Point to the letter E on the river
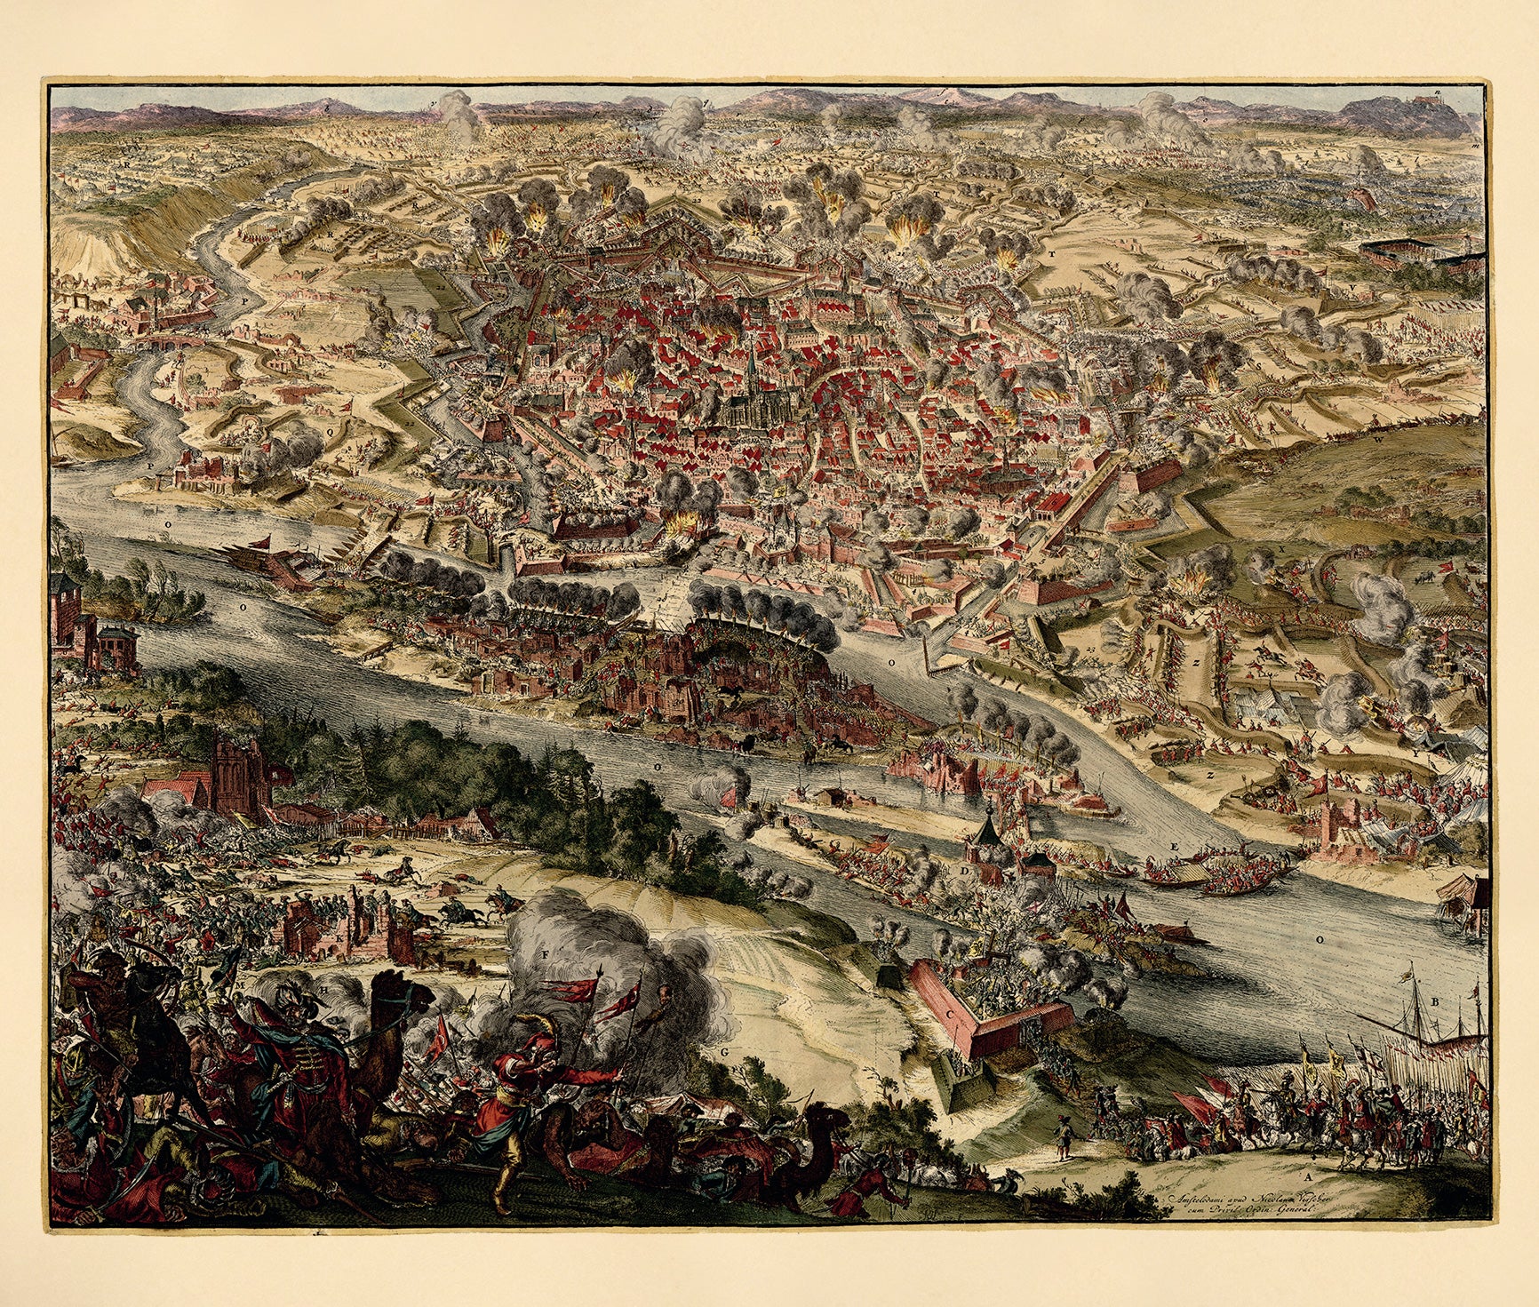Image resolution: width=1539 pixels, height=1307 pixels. coord(1175,848)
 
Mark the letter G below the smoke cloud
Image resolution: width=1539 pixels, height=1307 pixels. coord(725,1052)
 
